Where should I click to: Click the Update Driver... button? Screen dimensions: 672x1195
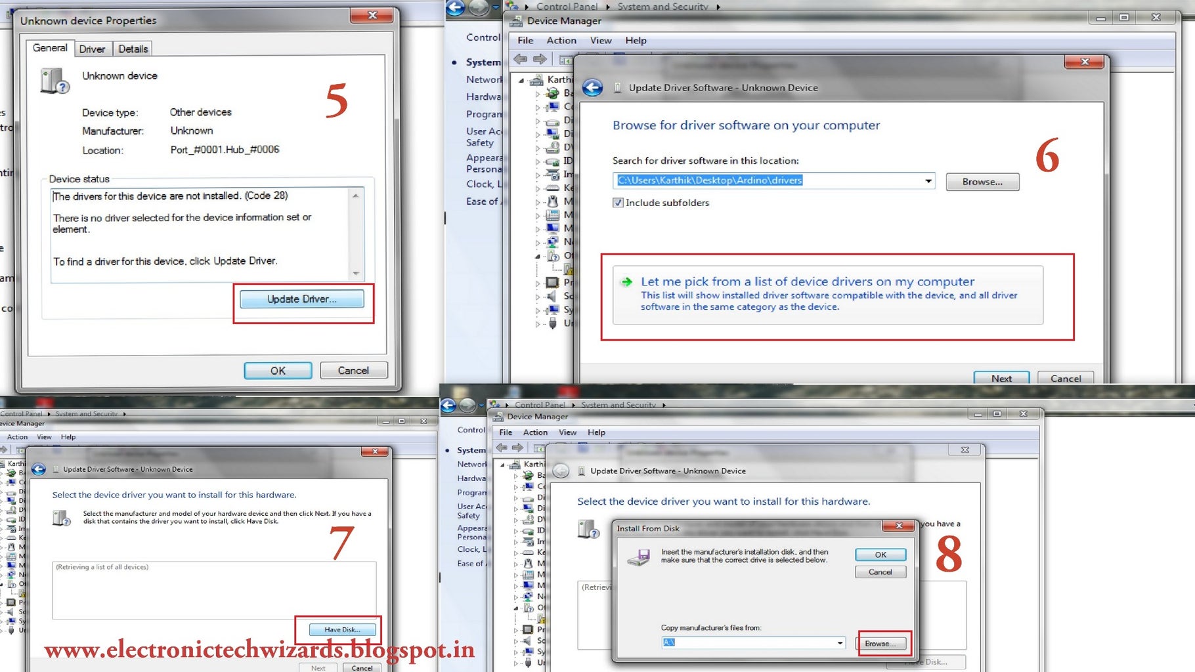(301, 299)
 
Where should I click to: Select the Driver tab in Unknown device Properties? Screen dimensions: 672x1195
(92, 49)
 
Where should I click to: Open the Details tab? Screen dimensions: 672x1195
(133, 49)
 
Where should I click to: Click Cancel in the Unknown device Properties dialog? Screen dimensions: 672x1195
(353, 371)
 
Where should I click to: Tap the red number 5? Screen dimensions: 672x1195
(336, 100)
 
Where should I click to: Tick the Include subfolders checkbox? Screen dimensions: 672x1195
(618, 203)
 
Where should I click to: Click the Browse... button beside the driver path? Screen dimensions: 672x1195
(982, 182)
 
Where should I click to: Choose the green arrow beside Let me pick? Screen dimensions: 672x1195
(627, 282)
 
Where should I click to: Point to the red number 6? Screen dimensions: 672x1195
(1047, 156)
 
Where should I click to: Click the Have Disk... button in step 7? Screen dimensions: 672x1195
(342, 629)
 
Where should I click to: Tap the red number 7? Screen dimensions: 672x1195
(341, 543)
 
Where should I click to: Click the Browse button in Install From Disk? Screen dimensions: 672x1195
(881, 643)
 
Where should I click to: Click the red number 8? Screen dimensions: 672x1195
(949, 554)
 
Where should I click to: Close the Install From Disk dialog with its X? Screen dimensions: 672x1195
(899, 526)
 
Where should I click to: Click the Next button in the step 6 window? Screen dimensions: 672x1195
(1001, 378)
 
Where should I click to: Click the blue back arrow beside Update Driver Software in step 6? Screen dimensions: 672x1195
(592, 88)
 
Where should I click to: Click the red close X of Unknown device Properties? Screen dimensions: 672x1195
(372, 15)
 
